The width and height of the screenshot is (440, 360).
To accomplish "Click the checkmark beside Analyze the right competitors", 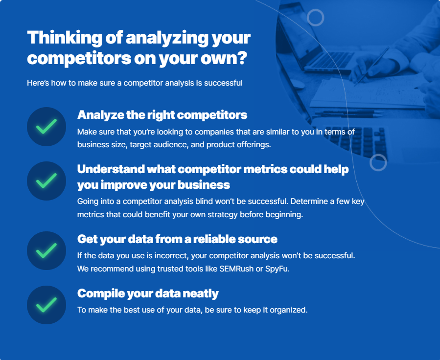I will (46, 127).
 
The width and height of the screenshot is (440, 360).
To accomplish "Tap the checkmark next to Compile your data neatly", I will (46, 305).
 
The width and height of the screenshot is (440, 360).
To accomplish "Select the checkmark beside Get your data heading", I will (46, 251).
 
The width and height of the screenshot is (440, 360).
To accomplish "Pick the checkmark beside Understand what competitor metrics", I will (46, 181).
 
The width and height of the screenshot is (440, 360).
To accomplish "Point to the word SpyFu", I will (277, 269).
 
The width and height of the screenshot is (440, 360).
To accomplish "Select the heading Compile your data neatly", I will (148, 293).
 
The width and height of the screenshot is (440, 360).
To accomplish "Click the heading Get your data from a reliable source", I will (177, 239).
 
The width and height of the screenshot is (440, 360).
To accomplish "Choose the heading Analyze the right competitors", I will (162, 115).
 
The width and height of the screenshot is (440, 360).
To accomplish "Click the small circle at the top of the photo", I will (315, 18).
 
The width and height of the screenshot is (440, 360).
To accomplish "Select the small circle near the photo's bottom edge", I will (378, 162).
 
